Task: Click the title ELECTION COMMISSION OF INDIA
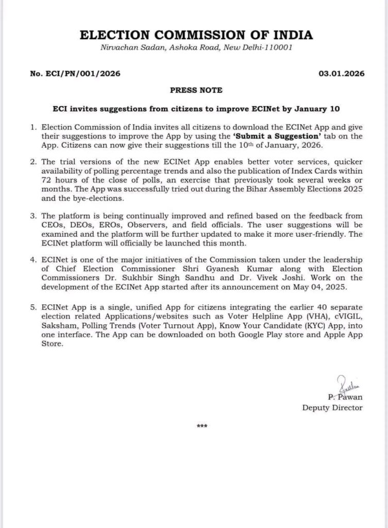coord(195,35)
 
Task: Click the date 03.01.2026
coord(342,74)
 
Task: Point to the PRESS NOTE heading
coord(195,90)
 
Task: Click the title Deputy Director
coord(332,408)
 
